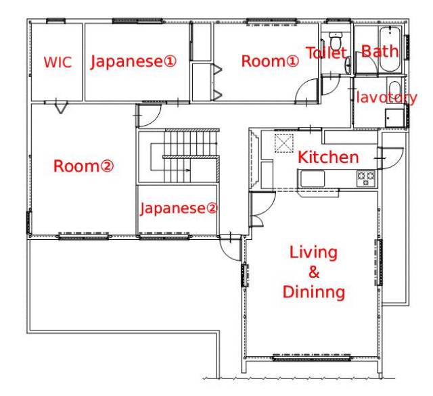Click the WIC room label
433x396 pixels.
(x=58, y=62)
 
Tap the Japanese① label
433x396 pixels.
(x=133, y=61)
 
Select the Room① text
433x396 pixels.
(x=270, y=61)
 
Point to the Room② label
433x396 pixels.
(x=83, y=166)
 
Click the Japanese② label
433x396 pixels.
(x=179, y=208)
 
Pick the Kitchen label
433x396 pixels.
(x=328, y=157)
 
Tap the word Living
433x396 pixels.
(x=313, y=253)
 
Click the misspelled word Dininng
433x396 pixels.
(x=314, y=292)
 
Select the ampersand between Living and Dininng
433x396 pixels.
(x=314, y=272)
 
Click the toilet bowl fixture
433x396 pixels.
(x=336, y=41)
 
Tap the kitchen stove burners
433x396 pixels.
(x=366, y=178)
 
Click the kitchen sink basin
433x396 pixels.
(x=313, y=179)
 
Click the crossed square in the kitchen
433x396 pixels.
(x=284, y=143)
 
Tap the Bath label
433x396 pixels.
(x=380, y=51)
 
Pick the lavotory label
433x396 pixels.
(x=386, y=97)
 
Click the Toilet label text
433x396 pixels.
(x=326, y=53)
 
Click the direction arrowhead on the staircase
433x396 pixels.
(x=189, y=170)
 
